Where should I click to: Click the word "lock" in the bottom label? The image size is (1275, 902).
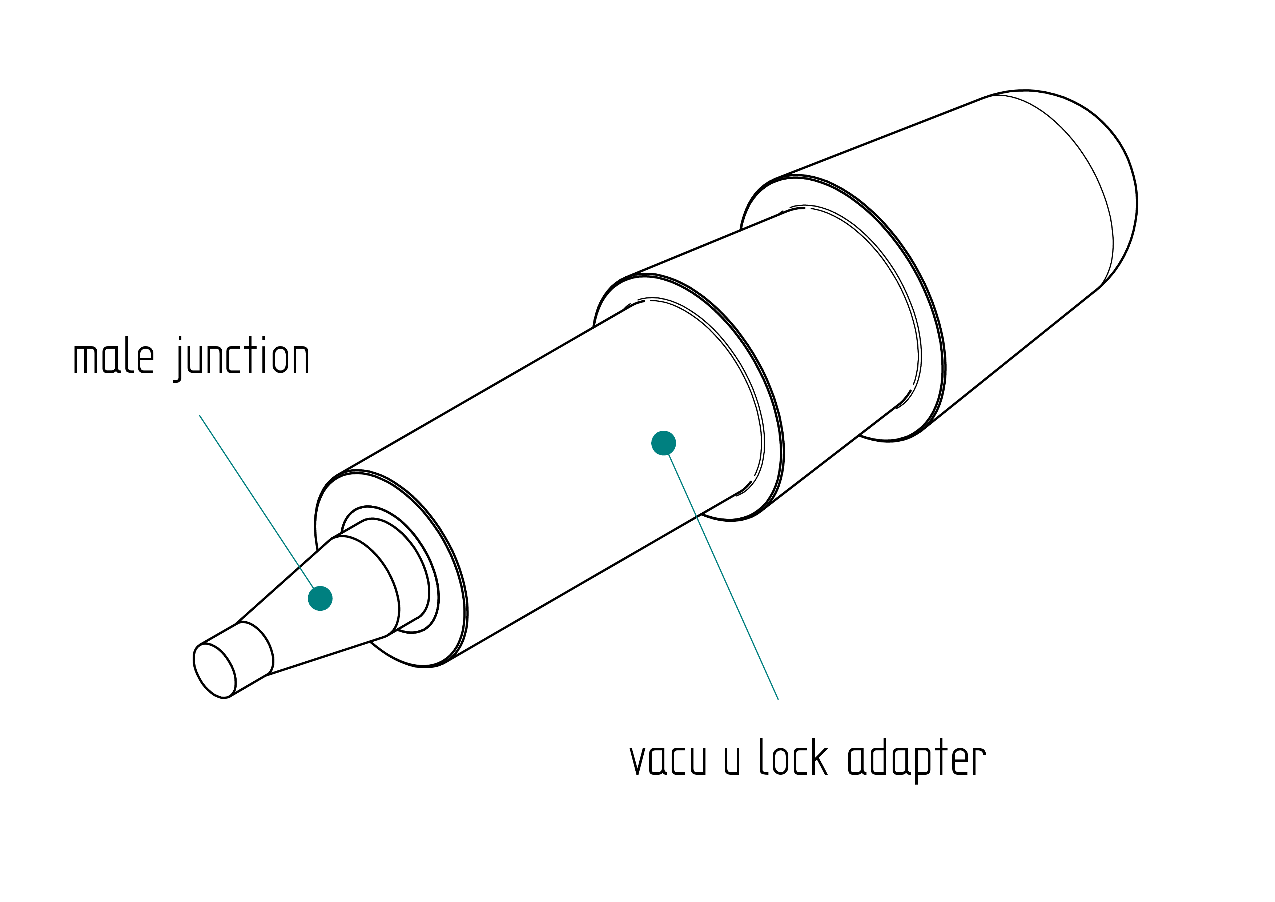coord(793,757)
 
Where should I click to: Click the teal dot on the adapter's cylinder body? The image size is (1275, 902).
coord(664,443)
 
